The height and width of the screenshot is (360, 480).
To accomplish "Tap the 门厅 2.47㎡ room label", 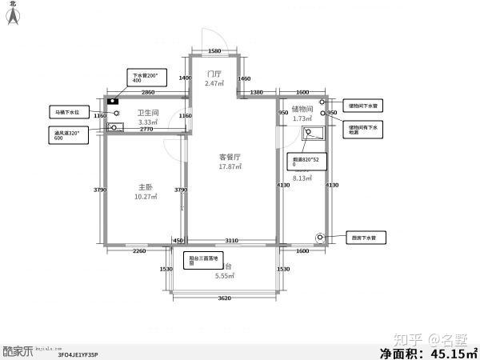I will coord(213,78).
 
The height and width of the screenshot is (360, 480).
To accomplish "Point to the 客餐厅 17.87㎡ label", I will coord(230,162).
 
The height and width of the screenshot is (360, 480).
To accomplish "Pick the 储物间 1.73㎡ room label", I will coord(302,114).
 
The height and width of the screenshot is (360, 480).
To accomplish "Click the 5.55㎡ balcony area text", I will coord(225,275).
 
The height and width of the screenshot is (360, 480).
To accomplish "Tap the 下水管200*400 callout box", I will coord(145,78).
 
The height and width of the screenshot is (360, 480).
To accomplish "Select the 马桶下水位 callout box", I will coord(67,112).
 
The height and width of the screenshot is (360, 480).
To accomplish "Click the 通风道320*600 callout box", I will coord(67,134).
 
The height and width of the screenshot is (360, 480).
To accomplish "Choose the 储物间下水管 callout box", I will coord(365,105).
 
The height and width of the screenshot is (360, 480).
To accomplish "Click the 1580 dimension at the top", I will coord(214,51).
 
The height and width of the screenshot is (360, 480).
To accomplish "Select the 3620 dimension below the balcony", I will coord(224,298).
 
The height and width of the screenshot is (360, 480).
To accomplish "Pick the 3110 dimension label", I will coord(231,241).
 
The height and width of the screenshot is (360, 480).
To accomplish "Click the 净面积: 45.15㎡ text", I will coord(427,351).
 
